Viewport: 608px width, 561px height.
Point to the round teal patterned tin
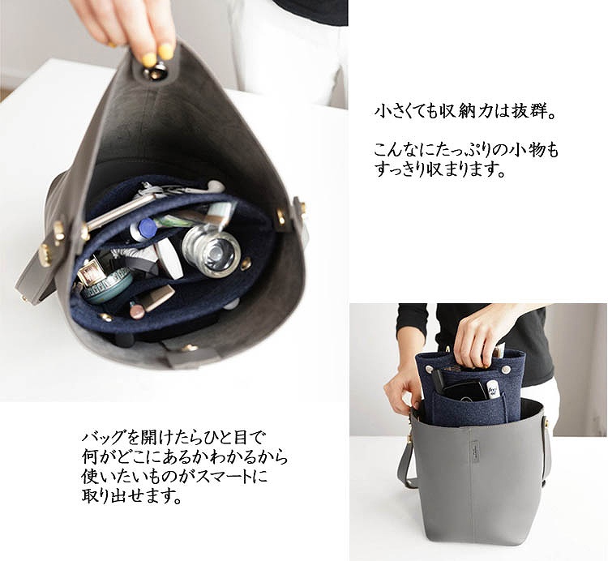(x=105, y=285)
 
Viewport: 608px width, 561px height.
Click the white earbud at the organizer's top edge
(x=216, y=187)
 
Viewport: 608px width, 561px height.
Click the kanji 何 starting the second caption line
(x=90, y=457)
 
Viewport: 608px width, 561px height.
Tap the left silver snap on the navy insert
(x=430, y=369)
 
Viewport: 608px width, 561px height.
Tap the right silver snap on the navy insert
(x=504, y=370)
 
